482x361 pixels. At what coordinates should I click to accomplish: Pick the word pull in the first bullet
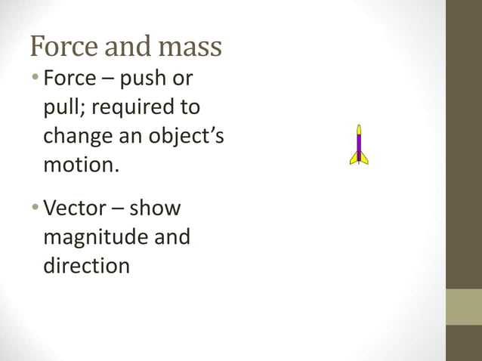60,107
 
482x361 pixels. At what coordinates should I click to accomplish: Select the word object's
181,136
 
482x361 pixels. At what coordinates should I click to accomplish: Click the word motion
80,164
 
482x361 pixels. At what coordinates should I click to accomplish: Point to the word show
155,208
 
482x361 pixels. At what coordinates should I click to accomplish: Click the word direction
86,265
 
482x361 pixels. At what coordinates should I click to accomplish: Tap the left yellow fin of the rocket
354,159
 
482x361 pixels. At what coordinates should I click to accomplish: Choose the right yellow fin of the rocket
365,159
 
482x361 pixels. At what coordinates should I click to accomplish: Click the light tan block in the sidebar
464,307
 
